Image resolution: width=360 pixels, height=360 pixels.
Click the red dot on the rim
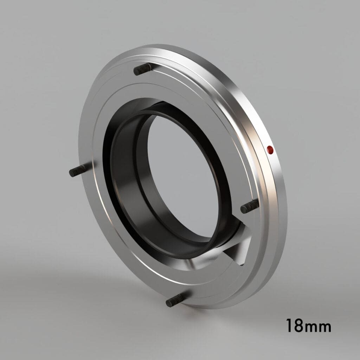[270, 150]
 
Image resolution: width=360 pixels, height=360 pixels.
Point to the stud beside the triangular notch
[250, 206]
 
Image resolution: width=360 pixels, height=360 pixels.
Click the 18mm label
[308, 326]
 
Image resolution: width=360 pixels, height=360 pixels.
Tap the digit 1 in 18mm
[289, 326]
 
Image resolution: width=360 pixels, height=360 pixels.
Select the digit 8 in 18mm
[298, 326]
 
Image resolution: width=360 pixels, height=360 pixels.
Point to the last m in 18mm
[325, 327]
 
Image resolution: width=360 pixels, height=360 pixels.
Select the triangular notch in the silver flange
[239, 250]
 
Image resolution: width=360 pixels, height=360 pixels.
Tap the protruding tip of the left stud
[71, 173]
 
